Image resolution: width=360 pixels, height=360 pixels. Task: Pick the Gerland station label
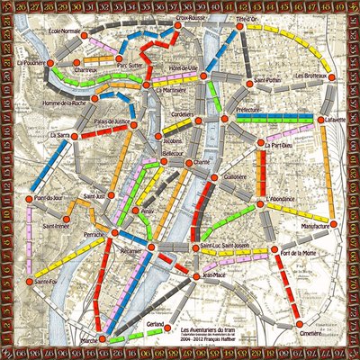coord(155,322)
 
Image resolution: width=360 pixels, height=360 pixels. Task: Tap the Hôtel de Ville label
coord(195,69)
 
